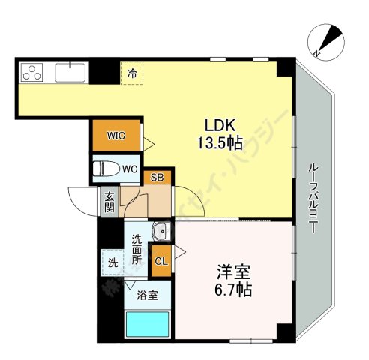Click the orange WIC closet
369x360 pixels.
115,136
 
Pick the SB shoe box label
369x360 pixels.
157,178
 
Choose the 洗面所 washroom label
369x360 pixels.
137,250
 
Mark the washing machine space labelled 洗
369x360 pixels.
112,263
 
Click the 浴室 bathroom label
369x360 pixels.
147,295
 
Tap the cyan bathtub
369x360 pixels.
147,323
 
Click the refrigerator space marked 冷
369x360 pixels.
132,73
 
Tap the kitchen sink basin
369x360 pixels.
70,72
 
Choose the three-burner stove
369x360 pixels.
34,72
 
